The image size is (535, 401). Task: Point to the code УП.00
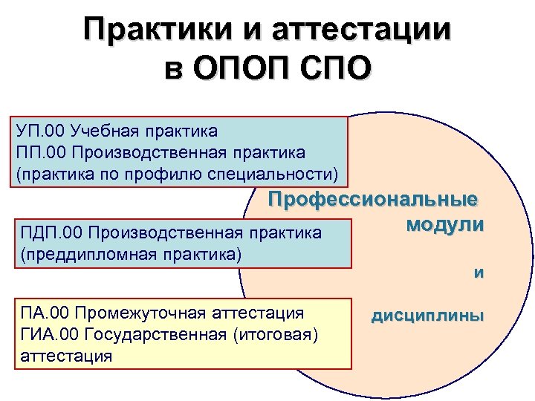pyautogui.click(x=39, y=131)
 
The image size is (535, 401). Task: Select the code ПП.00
pyautogui.click(x=39, y=152)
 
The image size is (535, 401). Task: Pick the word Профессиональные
pyautogui.click(x=374, y=200)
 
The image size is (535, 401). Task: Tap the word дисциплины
pyautogui.click(x=427, y=316)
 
